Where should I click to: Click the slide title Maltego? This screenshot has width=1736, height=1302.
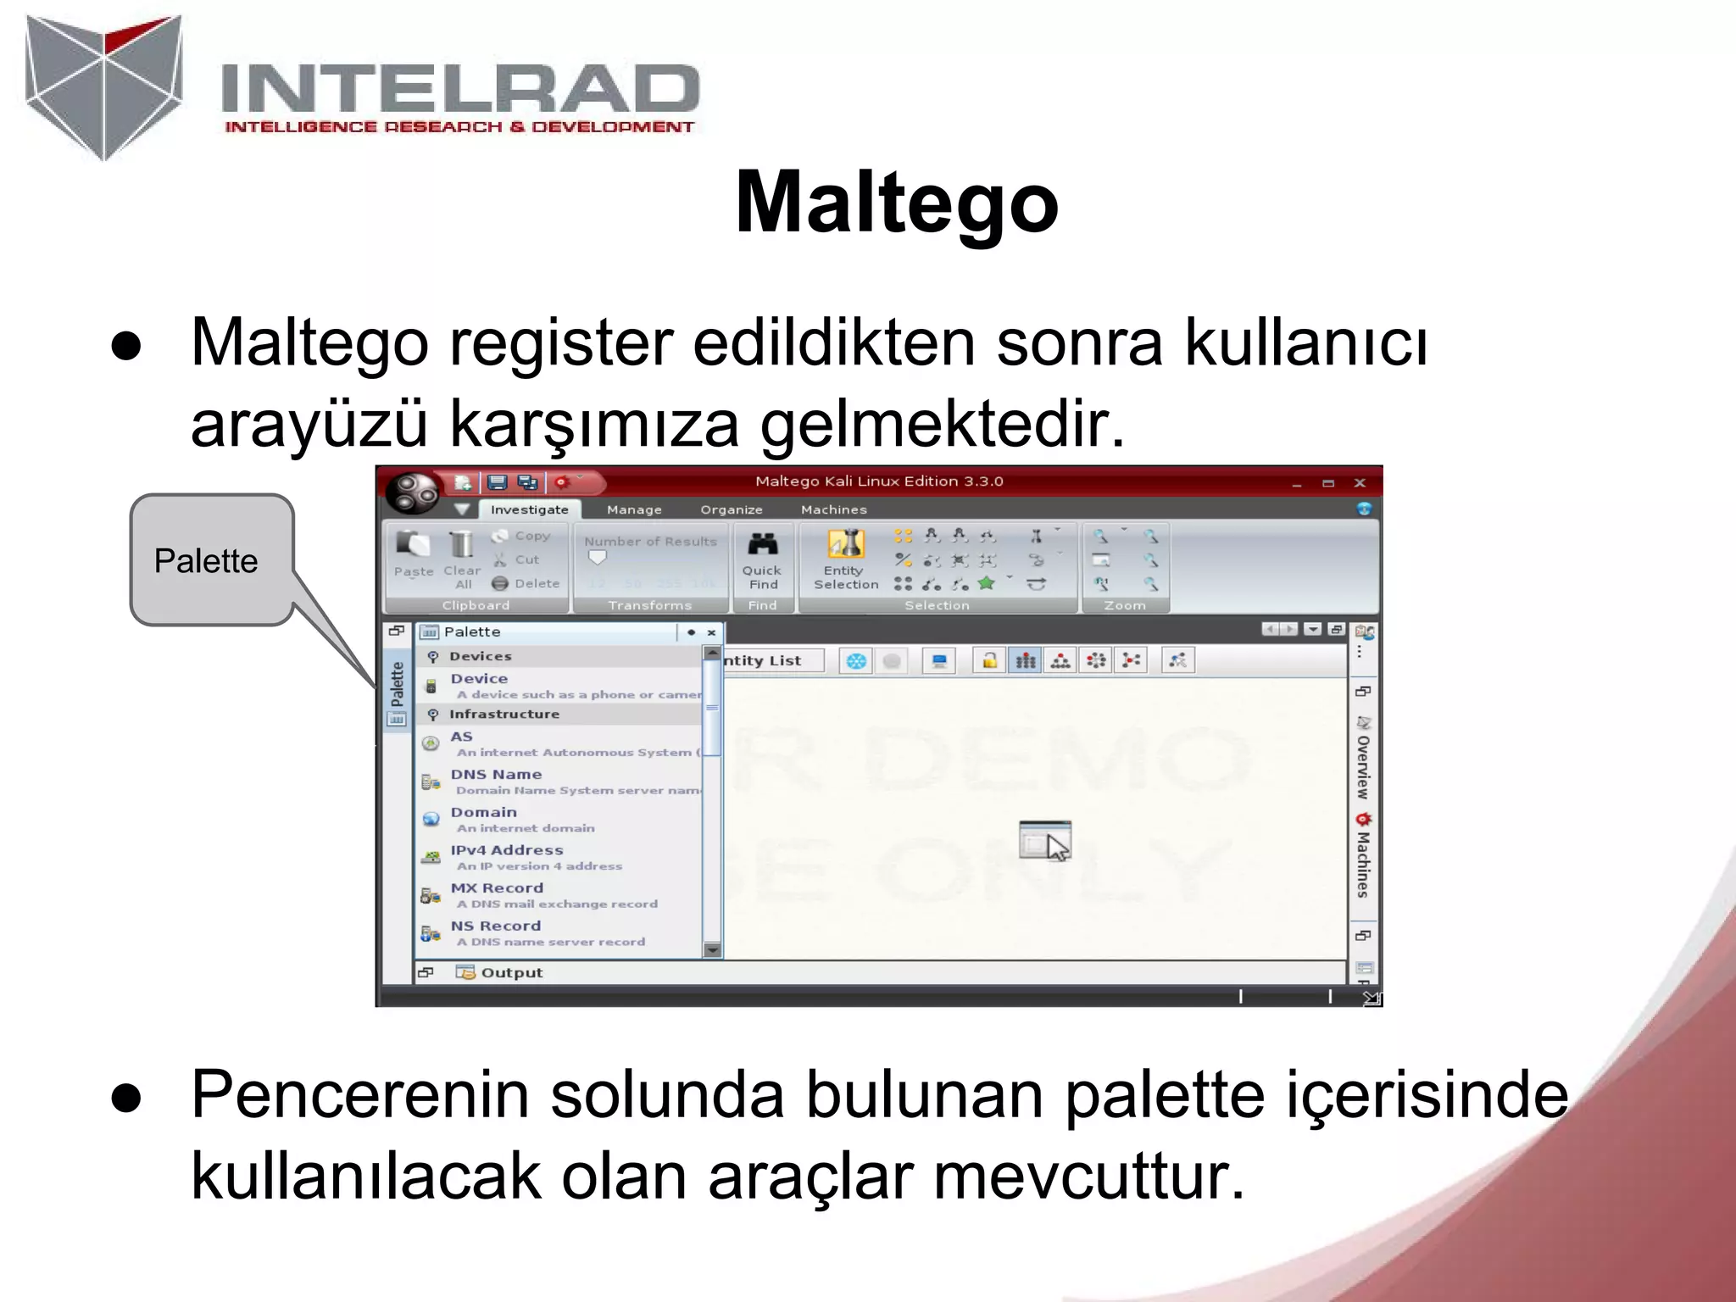click(897, 203)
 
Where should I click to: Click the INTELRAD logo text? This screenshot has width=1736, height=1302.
click(459, 89)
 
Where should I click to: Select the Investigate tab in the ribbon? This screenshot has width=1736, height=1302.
click(529, 509)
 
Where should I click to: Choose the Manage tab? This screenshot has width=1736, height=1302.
click(634, 509)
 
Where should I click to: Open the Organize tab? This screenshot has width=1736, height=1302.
click(731, 509)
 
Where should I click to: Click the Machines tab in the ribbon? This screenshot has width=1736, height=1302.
click(833, 509)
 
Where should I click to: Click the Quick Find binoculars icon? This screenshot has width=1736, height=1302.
click(763, 545)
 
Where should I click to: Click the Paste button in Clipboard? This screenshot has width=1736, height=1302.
click(413, 554)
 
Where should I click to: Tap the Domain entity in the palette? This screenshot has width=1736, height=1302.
click(483, 813)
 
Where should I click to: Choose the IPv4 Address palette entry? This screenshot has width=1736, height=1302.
click(506, 850)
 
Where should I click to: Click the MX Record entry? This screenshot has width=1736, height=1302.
click(497, 888)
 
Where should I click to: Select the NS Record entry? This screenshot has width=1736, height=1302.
click(495, 926)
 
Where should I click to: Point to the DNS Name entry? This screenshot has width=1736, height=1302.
click(496, 775)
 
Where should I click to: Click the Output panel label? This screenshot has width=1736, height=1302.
click(510, 973)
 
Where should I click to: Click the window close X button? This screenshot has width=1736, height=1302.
click(1360, 483)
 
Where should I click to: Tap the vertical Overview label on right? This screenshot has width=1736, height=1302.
click(1363, 766)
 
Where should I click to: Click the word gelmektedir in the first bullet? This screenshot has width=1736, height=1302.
click(942, 424)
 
